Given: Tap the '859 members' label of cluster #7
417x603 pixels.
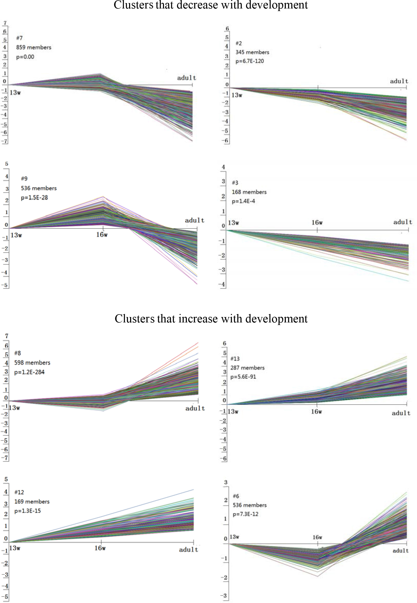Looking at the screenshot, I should click(x=34, y=47).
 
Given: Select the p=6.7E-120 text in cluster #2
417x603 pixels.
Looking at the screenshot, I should click(x=249, y=61).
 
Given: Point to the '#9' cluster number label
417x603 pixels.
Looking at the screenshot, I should click(x=24, y=178).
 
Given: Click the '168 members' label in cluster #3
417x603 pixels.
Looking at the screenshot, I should click(x=249, y=192).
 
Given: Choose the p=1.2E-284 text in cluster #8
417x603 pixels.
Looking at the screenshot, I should click(x=29, y=372).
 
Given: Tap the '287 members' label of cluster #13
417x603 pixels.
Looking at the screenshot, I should click(x=247, y=368).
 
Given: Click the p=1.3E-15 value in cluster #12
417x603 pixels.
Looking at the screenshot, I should click(x=27, y=511).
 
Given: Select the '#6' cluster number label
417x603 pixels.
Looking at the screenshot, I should click(x=236, y=496).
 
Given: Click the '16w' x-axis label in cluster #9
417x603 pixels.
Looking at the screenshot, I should click(x=102, y=235).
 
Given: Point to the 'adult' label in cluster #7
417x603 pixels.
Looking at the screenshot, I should click(x=187, y=78).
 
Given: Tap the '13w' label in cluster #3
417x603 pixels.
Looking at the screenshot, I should click(x=233, y=223).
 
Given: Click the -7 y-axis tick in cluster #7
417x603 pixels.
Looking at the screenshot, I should click(x=5, y=141).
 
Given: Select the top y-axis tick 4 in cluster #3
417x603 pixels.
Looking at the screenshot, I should click(x=223, y=167).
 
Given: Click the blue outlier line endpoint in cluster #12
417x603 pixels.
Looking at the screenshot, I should click(x=193, y=490).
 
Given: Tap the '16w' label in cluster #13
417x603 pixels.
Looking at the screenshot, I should click(x=316, y=411).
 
